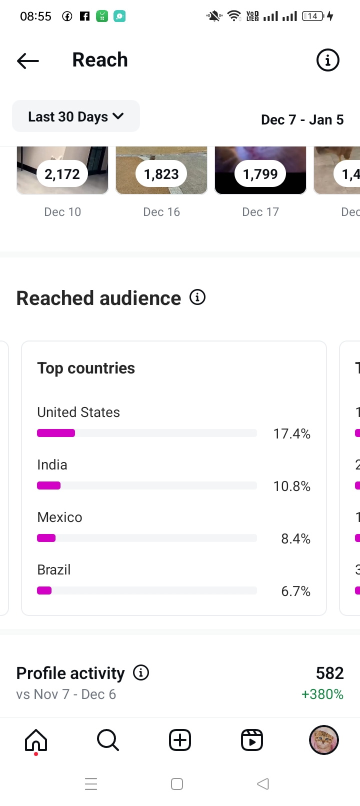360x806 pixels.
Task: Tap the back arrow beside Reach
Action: click(28, 61)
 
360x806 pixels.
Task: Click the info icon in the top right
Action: click(328, 60)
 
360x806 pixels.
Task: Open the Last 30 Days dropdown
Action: click(76, 116)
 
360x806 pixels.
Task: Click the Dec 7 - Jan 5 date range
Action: click(302, 120)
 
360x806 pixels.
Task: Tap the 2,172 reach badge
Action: click(62, 174)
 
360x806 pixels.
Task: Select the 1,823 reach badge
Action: click(161, 174)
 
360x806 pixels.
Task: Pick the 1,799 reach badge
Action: click(260, 174)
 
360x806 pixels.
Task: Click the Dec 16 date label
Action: click(161, 212)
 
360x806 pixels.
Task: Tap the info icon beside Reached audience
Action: click(197, 297)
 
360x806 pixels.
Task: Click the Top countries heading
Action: click(86, 368)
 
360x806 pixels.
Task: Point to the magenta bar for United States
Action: click(56, 433)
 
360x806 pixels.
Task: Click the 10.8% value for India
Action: click(291, 486)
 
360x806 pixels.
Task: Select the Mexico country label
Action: click(59, 517)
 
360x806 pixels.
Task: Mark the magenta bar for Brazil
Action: click(44, 590)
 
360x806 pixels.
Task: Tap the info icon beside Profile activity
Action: click(141, 673)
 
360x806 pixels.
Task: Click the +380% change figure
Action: click(322, 694)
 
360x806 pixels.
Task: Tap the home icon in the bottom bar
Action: click(36, 740)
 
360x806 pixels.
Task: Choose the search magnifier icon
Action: click(108, 740)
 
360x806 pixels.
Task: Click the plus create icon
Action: click(180, 740)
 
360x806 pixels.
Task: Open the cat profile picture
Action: click(324, 740)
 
